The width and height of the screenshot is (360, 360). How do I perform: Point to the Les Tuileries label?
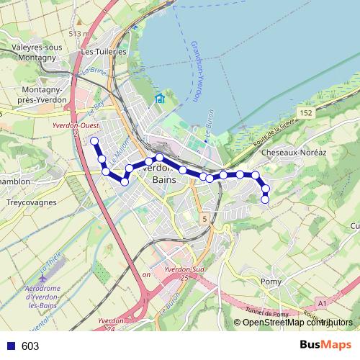tap(104, 52)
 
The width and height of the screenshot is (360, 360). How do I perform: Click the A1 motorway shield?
tap(322, 302)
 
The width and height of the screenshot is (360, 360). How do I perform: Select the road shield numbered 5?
tap(204, 218)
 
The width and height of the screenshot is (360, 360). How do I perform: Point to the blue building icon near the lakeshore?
tap(160, 99)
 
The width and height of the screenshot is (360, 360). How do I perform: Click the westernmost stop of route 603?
tap(94, 140)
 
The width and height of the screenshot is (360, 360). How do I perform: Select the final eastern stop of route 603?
tap(265, 199)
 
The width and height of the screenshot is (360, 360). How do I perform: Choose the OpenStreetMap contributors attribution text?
tap(293, 322)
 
